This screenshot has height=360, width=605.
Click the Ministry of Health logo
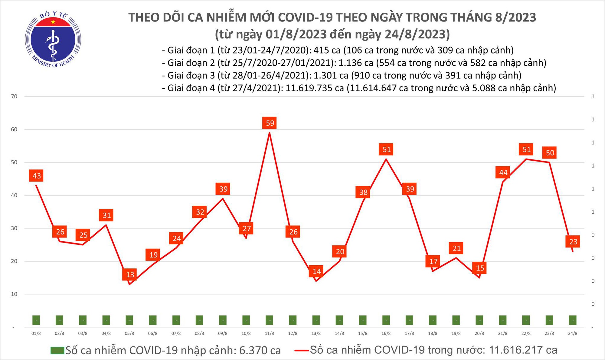(x=53, y=39)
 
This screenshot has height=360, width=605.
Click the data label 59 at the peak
(x=270, y=123)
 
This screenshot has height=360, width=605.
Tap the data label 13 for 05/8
(x=130, y=275)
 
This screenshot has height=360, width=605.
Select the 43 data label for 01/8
(x=37, y=176)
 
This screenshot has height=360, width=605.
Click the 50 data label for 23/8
(x=550, y=153)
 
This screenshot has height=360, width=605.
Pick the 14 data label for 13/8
(x=316, y=271)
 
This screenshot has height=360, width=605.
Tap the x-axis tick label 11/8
(x=269, y=333)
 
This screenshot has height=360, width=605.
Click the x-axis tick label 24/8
(x=573, y=333)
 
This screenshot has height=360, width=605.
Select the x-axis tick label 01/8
(x=36, y=333)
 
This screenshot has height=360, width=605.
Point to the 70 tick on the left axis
(x=14, y=97)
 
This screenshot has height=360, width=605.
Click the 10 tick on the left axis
(x=14, y=294)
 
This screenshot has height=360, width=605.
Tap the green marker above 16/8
(x=386, y=320)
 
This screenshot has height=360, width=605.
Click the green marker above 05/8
(x=129, y=320)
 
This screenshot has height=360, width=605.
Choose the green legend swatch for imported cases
(x=57, y=350)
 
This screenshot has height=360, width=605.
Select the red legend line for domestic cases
(x=301, y=350)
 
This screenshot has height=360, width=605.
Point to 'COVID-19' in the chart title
(x=305, y=18)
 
